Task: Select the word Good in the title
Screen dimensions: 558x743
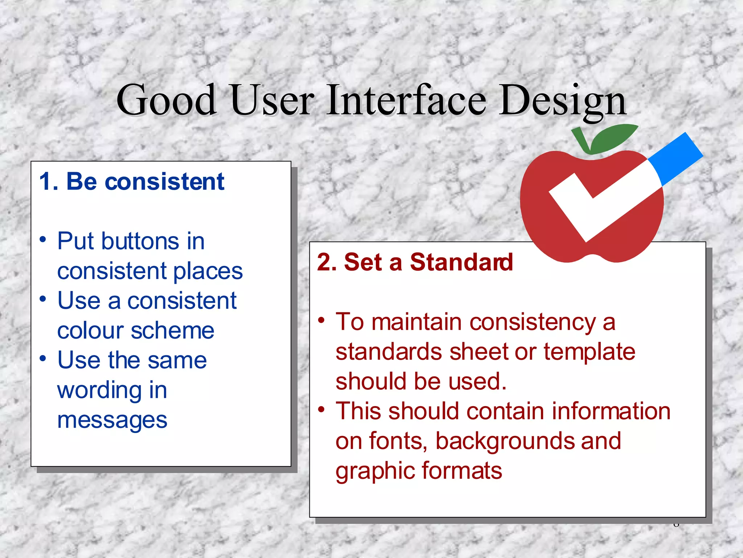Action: [x=167, y=100]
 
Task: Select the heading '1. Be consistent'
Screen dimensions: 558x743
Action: [x=132, y=181]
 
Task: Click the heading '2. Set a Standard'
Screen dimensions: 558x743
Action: [x=415, y=262]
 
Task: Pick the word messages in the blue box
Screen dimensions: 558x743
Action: [x=112, y=421]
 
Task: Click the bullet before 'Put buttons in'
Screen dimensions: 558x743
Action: [x=43, y=240]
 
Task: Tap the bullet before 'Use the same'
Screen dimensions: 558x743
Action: [x=43, y=359]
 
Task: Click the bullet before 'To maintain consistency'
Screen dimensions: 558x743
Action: [x=321, y=321]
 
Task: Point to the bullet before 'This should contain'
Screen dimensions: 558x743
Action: [x=321, y=410]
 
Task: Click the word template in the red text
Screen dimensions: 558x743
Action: [x=589, y=352]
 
